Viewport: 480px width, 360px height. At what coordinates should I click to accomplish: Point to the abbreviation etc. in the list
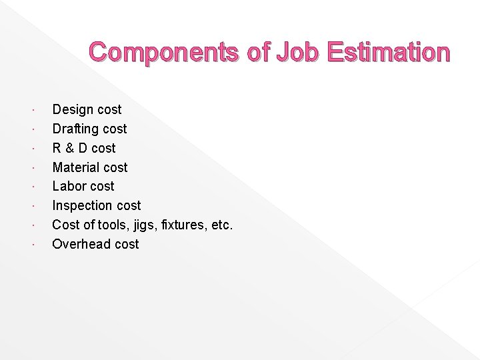click(221, 225)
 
